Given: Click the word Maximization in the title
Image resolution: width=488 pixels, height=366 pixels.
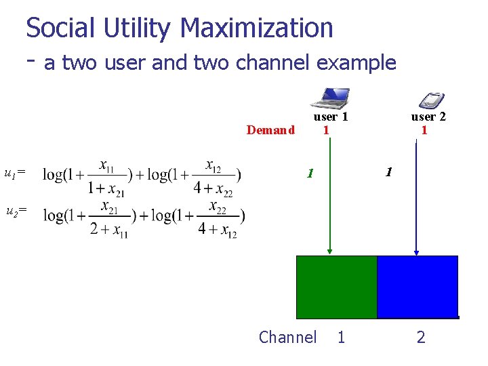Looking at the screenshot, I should pos(257,28).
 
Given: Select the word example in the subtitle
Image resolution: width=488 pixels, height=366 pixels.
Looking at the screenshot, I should pos(357,63).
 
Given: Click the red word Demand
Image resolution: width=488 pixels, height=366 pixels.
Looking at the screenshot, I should pos(270,130).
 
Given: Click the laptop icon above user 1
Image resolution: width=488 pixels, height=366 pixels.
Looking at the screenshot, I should pos(330,98).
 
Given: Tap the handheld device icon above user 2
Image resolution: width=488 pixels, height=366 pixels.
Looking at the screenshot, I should pos(429,100).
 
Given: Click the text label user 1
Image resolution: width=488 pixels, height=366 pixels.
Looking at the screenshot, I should pos(331,117).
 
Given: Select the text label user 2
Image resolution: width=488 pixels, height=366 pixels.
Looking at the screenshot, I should pos(428,117).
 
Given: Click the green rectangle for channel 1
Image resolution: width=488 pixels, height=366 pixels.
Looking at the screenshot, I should pos(336,287).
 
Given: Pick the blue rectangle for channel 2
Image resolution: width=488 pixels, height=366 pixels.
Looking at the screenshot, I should pos(417,287).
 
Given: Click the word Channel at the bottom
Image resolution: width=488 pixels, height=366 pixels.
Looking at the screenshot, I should pos(287,337).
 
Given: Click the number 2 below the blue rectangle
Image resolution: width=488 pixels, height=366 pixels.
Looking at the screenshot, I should pos(421,337).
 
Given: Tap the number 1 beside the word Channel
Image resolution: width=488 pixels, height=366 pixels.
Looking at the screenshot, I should pos(341,337).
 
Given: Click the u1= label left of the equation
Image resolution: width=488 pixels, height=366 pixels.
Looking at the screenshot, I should pos(15,174).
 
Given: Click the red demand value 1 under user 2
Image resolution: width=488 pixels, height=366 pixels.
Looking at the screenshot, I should pos(424,129).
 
